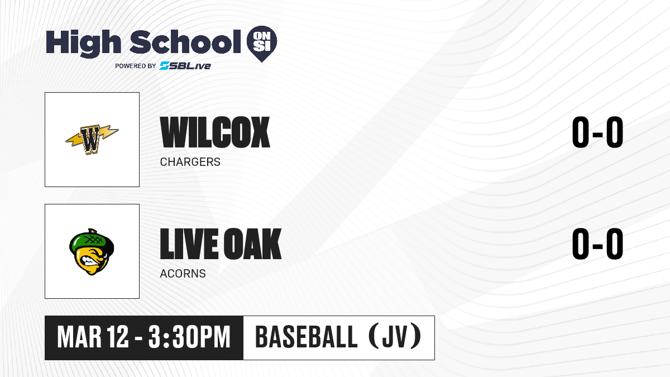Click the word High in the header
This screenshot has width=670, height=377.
[84, 43]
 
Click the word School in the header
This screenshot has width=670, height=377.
[185, 42]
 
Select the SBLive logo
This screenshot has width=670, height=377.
[185, 66]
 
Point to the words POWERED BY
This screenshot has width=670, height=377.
[136, 66]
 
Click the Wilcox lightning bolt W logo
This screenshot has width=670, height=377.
[92, 139]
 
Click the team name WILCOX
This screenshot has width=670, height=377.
[215, 132]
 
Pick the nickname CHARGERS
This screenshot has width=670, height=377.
[190, 162]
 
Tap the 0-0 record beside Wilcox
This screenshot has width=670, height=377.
[597, 132]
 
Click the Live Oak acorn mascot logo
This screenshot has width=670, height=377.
[92, 252]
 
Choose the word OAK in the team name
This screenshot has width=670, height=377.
[252, 244]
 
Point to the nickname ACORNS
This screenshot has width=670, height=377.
[183, 274]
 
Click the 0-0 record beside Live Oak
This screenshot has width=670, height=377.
[597, 244]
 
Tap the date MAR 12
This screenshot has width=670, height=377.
[93, 337]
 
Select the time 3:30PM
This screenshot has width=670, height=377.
[189, 337]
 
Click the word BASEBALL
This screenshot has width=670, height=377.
[307, 337]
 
